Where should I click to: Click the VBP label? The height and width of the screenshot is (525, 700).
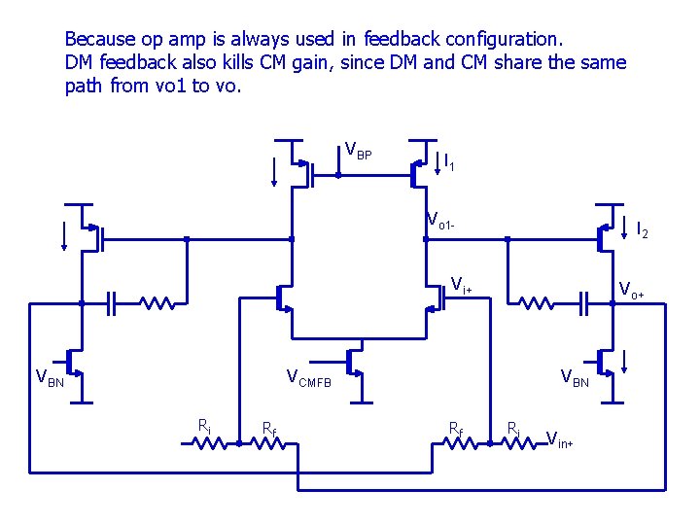tap(359, 152)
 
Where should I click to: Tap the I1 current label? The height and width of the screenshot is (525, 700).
tap(449, 162)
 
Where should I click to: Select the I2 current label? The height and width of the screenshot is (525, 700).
tap(642, 230)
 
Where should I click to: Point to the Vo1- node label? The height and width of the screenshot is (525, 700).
tap(440, 222)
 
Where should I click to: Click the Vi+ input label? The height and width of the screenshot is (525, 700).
tap(462, 285)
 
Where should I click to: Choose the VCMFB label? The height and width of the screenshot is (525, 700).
tap(308, 378)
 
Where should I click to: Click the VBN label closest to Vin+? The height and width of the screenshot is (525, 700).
tap(574, 378)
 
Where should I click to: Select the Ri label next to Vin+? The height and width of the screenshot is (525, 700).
tap(513, 425)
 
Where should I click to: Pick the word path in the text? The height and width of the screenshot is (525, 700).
tap(83, 86)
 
